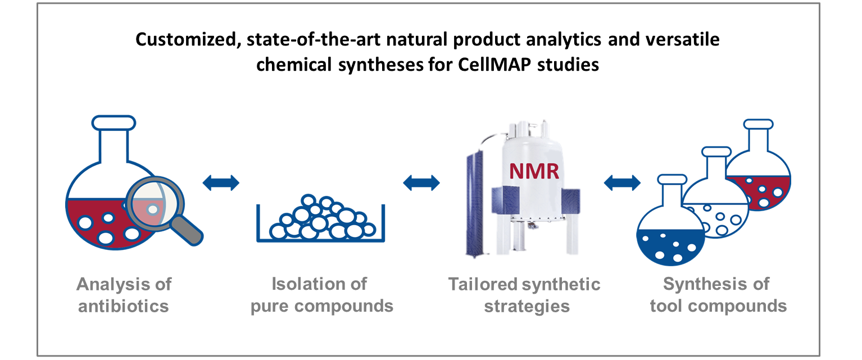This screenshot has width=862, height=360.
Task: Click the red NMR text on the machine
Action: pyautogui.click(x=534, y=171)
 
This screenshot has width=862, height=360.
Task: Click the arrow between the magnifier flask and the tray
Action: pyautogui.click(x=221, y=183)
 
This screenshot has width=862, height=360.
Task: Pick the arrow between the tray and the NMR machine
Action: pyautogui.click(x=421, y=183)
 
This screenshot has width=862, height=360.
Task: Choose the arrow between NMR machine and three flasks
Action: pyautogui.click(x=622, y=183)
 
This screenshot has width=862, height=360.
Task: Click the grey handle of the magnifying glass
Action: pyautogui.click(x=186, y=230)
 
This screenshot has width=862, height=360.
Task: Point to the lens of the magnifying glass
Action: pyautogui.click(x=155, y=203)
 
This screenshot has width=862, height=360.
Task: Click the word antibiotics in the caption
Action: pyautogui.click(x=124, y=307)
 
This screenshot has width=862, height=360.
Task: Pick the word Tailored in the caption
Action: pyautogui.click(x=483, y=285)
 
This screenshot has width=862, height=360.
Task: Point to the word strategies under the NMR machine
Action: pyautogui.click(x=527, y=307)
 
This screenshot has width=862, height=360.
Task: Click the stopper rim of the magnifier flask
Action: pyautogui.click(x=114, y=122)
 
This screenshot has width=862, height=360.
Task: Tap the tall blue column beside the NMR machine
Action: pyautogui.click(x=475, y=204)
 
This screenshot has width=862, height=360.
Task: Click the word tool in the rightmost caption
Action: pyautogui.click(x=666, y=307)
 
